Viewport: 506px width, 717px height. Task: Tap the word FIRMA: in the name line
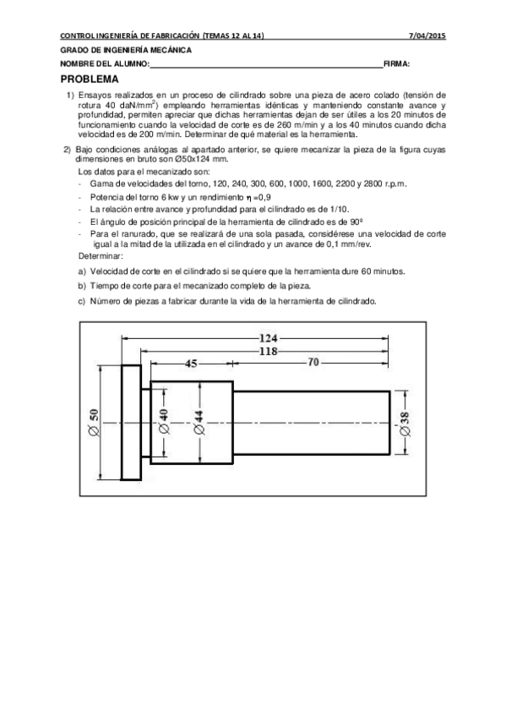coord(397,64)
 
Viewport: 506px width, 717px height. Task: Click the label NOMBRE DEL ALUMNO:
coord(105,64)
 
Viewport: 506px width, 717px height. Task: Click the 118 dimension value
coord(269,350)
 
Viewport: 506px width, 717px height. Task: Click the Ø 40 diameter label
coord(164,420)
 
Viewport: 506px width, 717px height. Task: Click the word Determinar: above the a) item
coord(101,255)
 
